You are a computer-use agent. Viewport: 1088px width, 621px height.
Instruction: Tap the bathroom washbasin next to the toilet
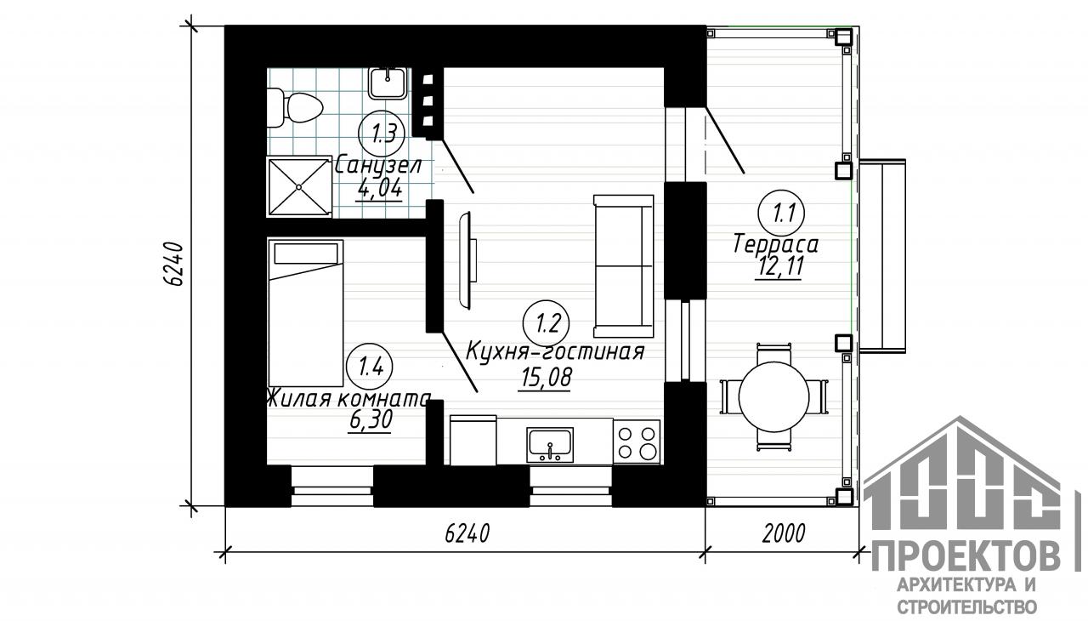(x=387, y=83)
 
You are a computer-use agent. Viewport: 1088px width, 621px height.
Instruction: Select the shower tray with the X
(x=298, y=186)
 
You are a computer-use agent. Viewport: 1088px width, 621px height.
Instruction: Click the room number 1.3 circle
(x=382, y=134)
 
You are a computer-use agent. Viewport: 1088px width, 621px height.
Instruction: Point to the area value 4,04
(x=380, y=189)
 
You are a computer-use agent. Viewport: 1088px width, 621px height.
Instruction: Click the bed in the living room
(x=305, y=313)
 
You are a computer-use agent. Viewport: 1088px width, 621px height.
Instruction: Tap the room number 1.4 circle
(x=371, y=367)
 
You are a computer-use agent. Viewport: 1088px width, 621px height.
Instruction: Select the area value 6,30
(x=370, y=420)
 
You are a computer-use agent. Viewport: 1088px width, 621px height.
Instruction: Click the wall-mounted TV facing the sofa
(x=468, y=260)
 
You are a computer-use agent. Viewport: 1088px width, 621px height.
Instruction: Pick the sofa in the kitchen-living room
(x=624, y=265)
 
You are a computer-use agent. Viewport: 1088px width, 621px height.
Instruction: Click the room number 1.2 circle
(x=547, y=323)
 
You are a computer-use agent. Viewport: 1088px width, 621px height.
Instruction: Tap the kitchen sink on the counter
(x=550, y=445)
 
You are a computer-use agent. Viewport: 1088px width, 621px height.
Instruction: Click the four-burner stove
(x=637, y=442)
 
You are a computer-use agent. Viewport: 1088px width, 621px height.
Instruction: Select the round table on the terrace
(x=773, y=396)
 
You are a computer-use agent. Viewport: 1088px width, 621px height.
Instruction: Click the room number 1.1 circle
(x=781, y=213)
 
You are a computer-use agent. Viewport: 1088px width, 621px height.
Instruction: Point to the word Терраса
(x=776, y=244)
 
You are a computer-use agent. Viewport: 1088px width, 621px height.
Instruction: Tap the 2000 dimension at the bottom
(x=784, y=533)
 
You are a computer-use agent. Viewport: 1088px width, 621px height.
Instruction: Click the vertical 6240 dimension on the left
(x=173, y=265)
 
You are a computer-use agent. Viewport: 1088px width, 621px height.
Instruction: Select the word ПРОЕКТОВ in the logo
(x=966, y=557)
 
